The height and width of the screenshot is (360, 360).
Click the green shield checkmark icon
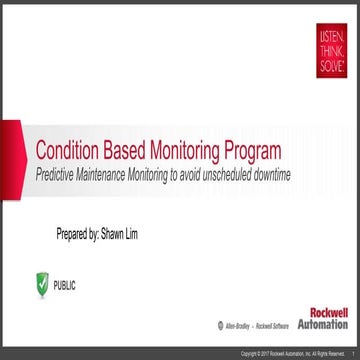tap(41, 286)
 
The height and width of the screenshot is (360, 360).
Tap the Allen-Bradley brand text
tap(232, 327)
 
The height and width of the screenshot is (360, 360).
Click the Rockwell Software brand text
tap(268, 327)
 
